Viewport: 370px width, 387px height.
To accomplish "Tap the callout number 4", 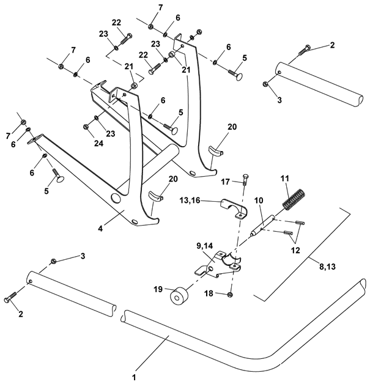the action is coord(100,229).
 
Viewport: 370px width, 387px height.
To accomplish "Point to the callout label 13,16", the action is coord(190,201).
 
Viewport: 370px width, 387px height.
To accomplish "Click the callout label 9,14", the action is coord(205,246).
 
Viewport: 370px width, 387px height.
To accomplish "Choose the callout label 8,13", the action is coord(328,267).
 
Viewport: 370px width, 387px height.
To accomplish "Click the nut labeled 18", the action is coord(230,294).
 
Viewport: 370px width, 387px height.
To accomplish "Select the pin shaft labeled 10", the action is coord(262,226).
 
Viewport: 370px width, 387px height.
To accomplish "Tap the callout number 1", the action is coord(135,378).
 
